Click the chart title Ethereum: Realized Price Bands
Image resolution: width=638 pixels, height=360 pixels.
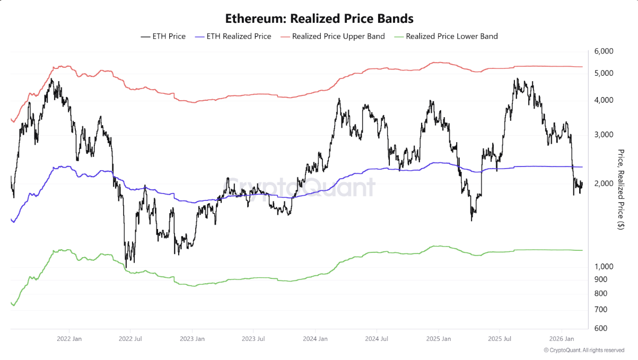(x=319, y=19)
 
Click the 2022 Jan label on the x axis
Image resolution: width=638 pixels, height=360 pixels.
(x=69, y=338)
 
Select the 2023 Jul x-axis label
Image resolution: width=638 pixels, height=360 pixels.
(x=253, y=338)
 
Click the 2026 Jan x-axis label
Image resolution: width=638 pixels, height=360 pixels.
(x=561, y=338)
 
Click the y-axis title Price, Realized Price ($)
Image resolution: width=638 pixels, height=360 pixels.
(x=621, y=189)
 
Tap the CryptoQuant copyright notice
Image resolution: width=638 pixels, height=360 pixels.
(x=584, y=350)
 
